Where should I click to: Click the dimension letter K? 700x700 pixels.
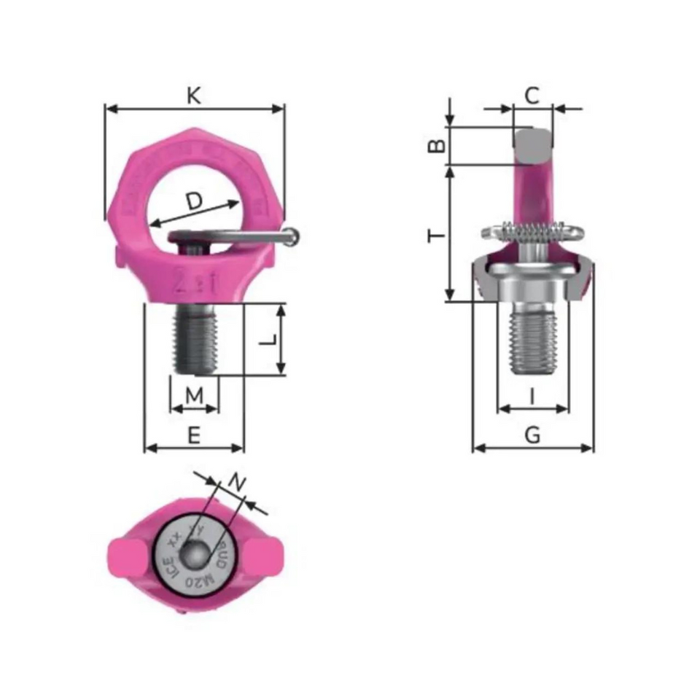click(194, 95)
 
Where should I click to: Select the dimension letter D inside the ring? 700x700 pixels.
click(193, 201)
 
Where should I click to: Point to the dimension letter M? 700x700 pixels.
click(194, 396)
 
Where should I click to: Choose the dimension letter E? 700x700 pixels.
click(194, 435)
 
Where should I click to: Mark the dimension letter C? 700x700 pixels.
click(532, 95)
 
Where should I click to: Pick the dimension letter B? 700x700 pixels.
click(436, 146)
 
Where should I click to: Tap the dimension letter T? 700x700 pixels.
click(436, 235)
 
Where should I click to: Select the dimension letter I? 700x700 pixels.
click(532, 396)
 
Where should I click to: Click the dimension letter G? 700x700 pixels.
click(533, 435)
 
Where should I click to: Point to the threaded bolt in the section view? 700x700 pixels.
click(533, 339)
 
